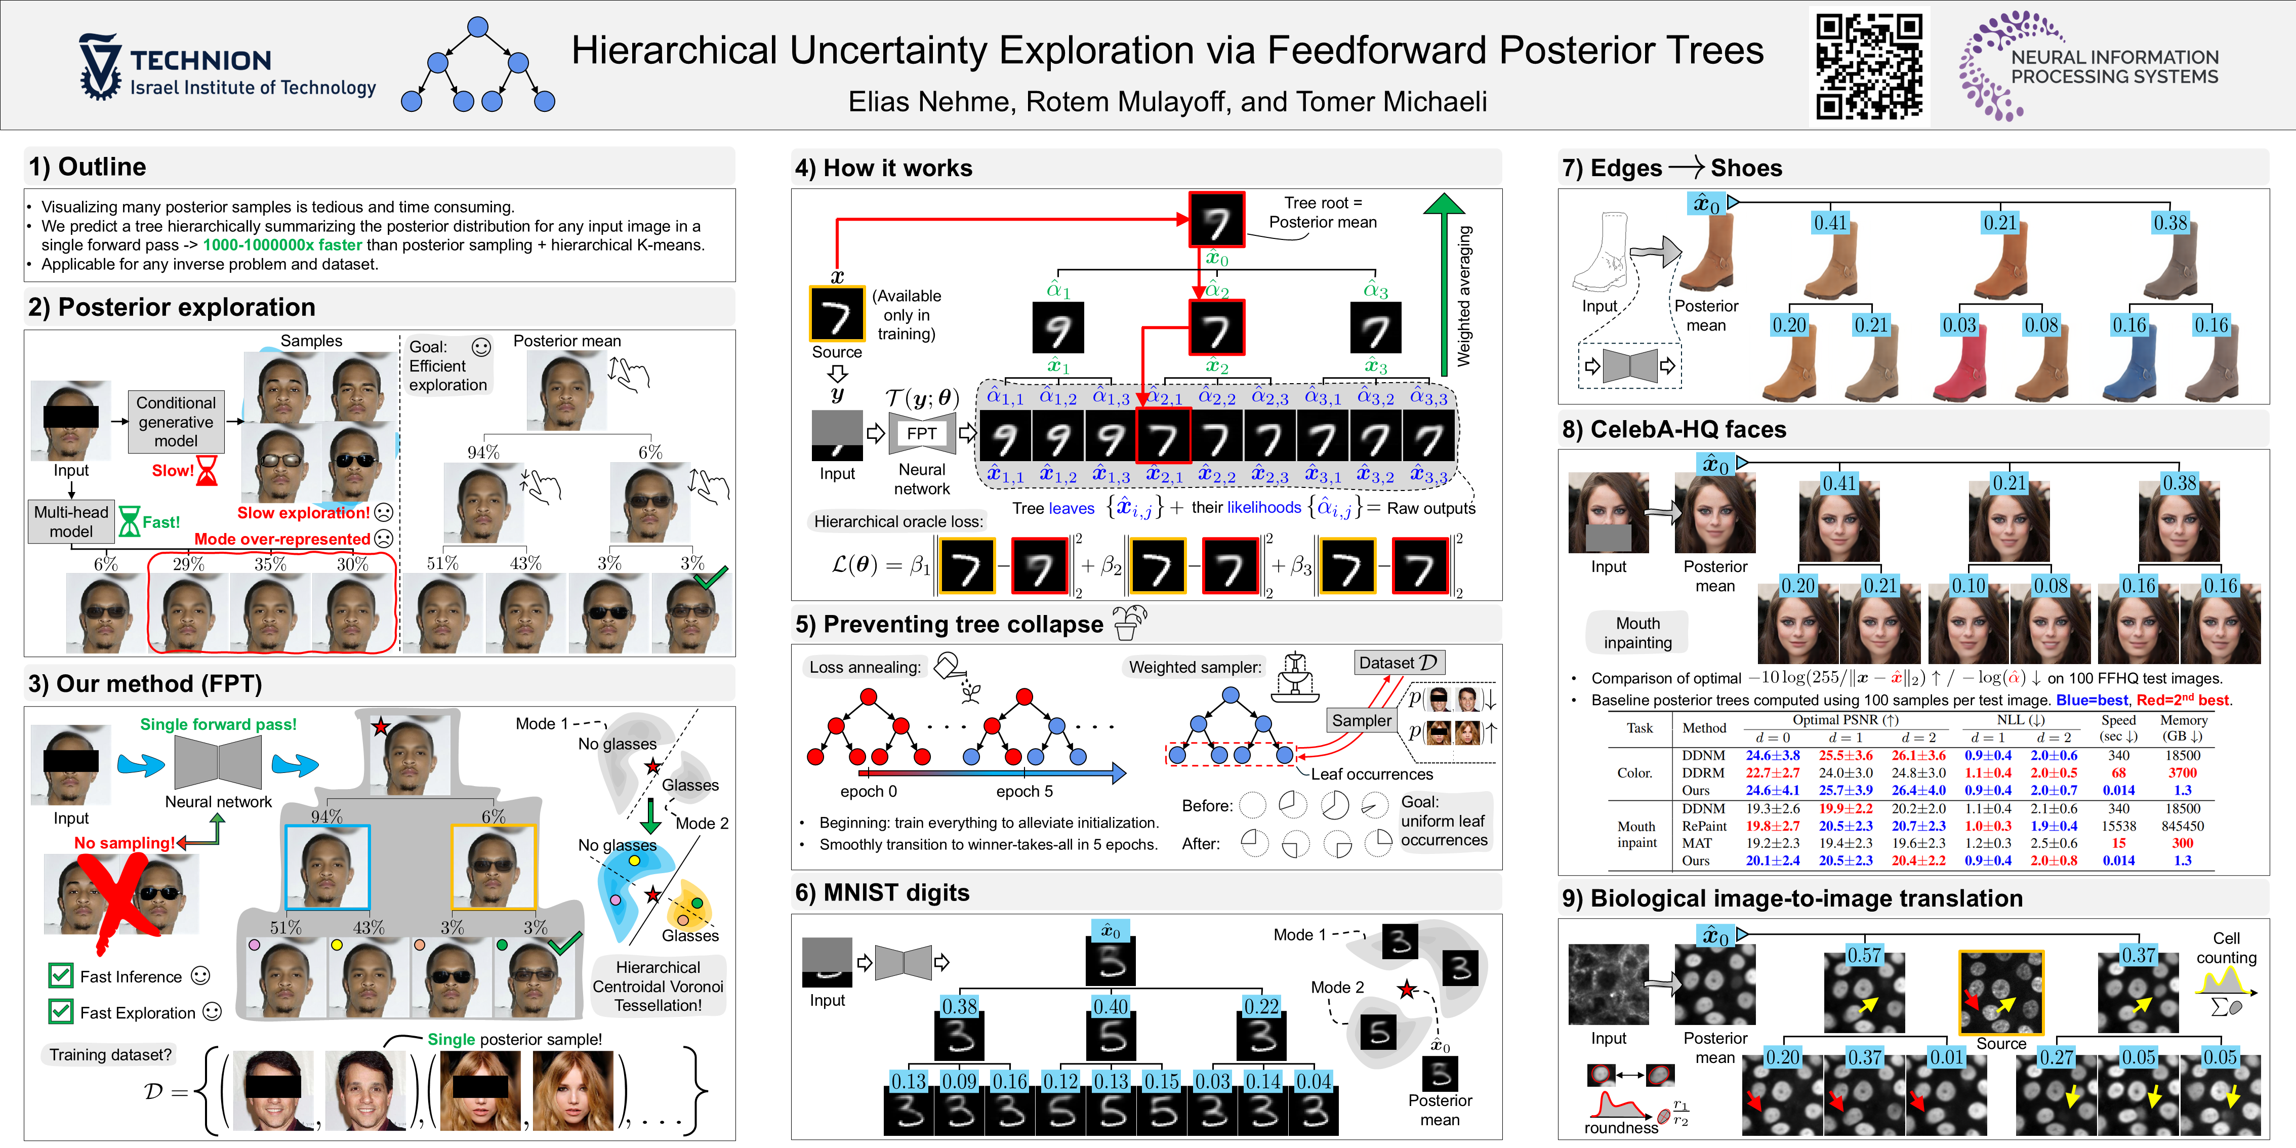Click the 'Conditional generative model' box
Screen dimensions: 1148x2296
[176, 422]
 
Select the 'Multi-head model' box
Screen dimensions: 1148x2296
[71, 521]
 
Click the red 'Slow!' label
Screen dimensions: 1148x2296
[173, 471]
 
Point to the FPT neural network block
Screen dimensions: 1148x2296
[922, 433]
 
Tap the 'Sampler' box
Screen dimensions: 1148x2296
[1361, 720]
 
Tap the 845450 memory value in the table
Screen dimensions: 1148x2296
[2182, 826]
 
